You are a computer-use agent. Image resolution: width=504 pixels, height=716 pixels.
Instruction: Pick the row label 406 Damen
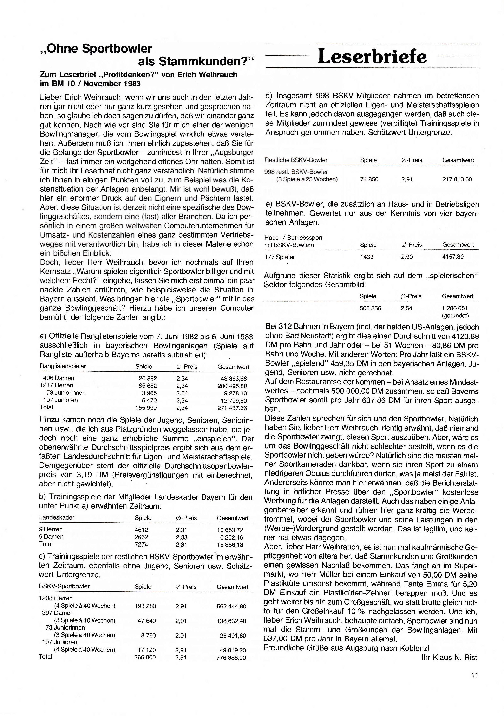point(58,378)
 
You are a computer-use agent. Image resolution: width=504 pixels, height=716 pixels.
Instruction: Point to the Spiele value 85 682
point(148,385)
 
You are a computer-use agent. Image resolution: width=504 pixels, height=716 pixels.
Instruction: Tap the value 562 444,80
point(231,606)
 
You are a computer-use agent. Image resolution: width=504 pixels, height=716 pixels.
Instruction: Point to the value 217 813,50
point(457,179)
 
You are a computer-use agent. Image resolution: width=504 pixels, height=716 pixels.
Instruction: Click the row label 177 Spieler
point(279,257)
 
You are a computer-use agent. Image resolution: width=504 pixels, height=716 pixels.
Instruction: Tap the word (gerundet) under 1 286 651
point(455,315)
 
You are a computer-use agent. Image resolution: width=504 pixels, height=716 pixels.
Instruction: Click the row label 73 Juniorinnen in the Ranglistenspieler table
point(66,393)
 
